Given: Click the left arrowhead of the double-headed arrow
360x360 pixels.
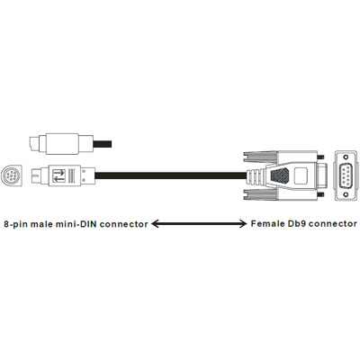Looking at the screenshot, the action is (155, 224).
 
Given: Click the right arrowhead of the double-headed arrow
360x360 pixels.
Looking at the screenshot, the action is (242, 224).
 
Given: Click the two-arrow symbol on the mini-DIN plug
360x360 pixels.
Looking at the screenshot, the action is (58, 176).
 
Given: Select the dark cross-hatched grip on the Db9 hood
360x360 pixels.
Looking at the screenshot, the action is (280, 175).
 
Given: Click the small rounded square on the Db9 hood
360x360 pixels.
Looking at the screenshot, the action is (301, 175).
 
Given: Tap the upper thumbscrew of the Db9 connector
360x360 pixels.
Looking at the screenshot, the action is (321, 157).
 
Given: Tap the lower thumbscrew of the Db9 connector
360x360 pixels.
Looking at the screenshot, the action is (321, 194).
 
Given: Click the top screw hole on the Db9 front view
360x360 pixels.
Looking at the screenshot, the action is (346, 157).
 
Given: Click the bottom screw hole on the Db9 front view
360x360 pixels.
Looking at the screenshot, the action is (346, 194).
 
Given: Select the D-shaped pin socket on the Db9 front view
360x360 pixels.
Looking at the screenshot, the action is (346, 175).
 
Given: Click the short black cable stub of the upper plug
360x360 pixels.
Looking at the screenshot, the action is (103, 144).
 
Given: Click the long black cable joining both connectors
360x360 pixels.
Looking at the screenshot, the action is (170, 175).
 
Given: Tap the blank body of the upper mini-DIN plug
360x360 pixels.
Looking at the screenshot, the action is (62, 144).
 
